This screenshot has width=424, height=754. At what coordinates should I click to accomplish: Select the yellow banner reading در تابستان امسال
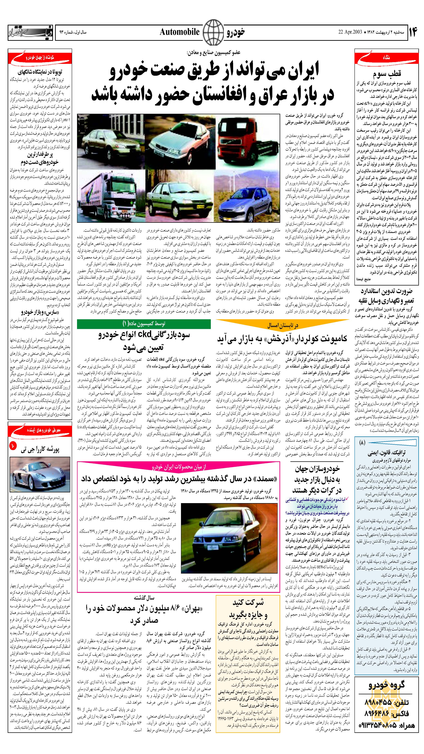(283, 325)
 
